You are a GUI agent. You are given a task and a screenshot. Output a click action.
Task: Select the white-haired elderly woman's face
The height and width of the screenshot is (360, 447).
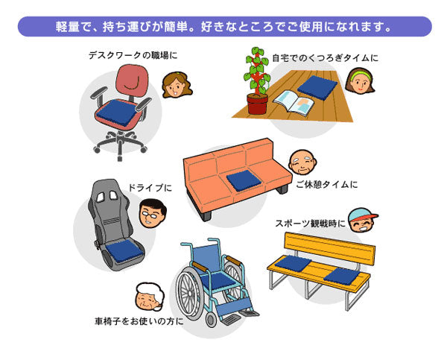[x=148, y=298]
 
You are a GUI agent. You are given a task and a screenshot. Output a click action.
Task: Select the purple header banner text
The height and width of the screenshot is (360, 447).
[x=223, y=28]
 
